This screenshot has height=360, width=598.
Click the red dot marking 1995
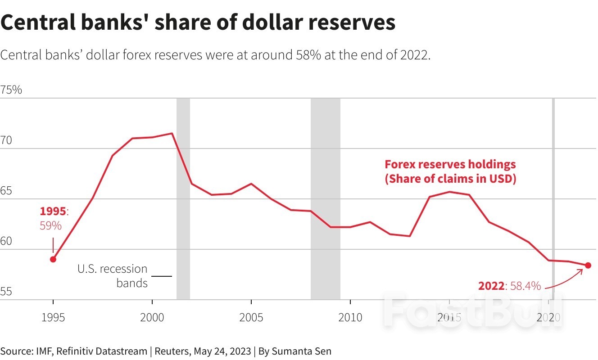(53, 259)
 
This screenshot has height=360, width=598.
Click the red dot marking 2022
(588, 265)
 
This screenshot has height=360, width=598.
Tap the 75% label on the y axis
(11, 90)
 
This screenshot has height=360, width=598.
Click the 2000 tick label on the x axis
(152, 318)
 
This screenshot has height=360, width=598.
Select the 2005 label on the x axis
(251, 318)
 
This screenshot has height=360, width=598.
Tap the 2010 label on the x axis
(350, 318)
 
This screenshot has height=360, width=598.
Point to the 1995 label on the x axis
(53, 318)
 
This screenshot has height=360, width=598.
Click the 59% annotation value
(50, 225)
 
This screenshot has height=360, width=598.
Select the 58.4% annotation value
(525, 286)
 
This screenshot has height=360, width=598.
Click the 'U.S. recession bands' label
(112, 276)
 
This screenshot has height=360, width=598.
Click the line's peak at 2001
(172, 133)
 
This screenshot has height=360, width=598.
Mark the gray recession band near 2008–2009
(325, 198)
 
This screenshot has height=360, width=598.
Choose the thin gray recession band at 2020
(553, 198)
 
